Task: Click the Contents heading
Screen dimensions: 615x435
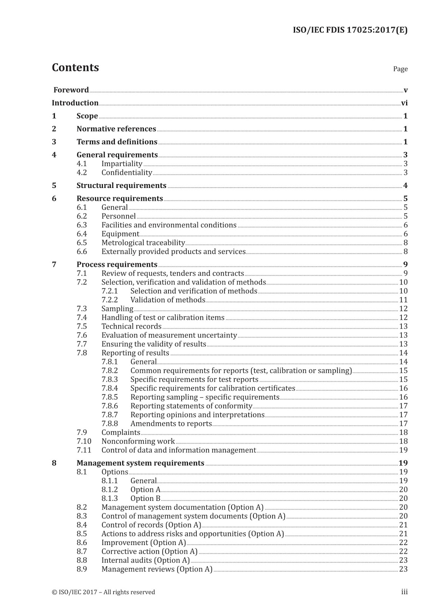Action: (75, 67)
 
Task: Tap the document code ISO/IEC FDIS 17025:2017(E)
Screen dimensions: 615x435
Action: (350, 30)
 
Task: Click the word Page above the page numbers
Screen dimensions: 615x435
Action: (400, 69)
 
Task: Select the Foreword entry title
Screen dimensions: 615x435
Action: (71, 90)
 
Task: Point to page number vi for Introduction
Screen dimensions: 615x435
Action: (404, 103)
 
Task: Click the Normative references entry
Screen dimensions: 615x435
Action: (116, 129)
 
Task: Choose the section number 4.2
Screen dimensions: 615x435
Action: (82, 173)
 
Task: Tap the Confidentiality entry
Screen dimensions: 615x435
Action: (127, 173)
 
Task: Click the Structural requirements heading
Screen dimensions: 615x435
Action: (121, 186)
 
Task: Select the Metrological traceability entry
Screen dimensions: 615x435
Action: (143, 243)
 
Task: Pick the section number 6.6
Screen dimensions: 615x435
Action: (82, 251)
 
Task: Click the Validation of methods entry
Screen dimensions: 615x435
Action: (168, 300)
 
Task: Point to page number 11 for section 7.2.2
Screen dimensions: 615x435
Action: (403, 300)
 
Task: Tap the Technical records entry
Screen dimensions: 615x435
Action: (131, 326)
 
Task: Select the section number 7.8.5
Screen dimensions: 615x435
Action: (110, 397)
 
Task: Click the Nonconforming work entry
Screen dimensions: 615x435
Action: (138, 441)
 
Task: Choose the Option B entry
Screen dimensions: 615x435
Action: (145, 499)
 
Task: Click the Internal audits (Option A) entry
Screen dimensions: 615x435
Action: (145, 560)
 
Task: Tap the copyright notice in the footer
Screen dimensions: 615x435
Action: (103, 592)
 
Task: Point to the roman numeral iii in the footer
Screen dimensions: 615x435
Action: (404, 592)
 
